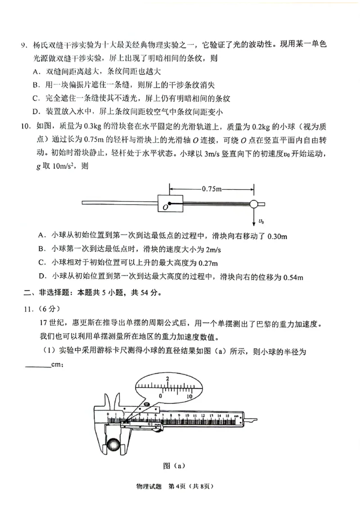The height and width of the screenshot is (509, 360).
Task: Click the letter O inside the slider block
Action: pos(166,206)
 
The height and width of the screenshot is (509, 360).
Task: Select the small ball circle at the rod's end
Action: pos(254,204)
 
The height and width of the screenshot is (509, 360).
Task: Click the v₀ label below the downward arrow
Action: pos(261,221)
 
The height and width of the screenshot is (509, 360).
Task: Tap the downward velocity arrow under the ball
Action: pos(255,216)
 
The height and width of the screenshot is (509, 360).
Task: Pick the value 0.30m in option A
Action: pos(278,236)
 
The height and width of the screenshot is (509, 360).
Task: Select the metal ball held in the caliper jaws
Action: pos(112,446)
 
